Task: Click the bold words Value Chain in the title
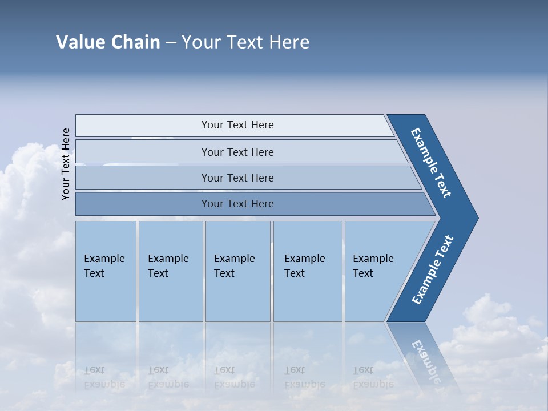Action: (x=108, y=42)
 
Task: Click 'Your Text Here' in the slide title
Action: (x=245, y=42)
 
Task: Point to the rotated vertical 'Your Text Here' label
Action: (x=66, y=164)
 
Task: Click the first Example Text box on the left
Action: (x=106, y=271)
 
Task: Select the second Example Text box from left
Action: (x=170, y=271)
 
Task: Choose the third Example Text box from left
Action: (x=237, y=271)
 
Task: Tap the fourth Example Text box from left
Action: (x=307, y=271)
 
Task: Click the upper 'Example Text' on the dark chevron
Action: (x=431, y=163)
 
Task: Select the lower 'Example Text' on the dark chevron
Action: (x=432, y=270)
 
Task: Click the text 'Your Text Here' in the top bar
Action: (x=237, y=125)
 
